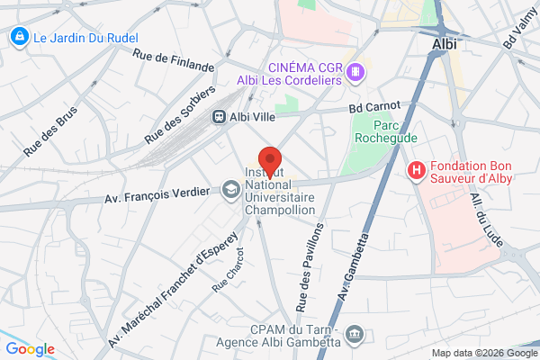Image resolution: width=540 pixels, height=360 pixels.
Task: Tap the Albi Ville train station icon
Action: (219, 117)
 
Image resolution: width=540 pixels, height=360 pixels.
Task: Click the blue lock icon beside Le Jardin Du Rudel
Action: (17, 37)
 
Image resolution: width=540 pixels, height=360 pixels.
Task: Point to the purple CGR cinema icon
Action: (357, 71)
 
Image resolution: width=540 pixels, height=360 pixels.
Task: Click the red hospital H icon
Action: (417, 169)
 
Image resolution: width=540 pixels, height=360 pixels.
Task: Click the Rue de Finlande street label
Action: (174, 60)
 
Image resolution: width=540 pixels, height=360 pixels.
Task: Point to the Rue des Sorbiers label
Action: (179, 116)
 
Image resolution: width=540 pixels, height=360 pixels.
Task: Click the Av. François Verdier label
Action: (160, 191)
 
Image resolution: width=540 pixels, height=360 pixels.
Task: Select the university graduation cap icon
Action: (229, 191)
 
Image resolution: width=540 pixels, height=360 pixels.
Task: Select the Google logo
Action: (31, 349)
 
